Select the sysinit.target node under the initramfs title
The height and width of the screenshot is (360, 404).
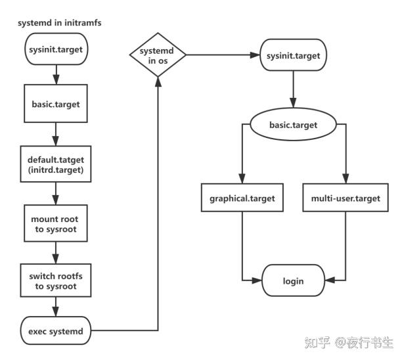56,49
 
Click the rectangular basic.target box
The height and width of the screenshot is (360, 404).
56,103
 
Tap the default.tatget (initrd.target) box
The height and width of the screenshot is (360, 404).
56,164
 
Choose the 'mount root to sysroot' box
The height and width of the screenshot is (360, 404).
56,223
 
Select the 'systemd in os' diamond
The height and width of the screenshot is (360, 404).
158,56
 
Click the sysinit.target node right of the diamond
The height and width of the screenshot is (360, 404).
293,56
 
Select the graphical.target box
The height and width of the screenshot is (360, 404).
243,198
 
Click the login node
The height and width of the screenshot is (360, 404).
293,281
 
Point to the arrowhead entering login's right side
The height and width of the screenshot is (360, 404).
328,281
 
